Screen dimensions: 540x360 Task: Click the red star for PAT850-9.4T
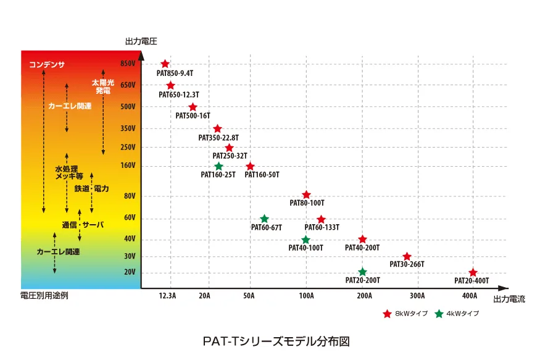(165, 64)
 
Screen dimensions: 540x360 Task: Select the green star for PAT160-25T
(218, 166)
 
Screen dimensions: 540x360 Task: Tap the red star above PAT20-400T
(473, 272)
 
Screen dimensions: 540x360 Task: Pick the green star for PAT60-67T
(264, 219)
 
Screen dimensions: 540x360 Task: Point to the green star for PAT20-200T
(362, 272)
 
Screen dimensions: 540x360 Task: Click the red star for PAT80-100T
(306, 195)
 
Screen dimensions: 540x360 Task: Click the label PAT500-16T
(193, 115)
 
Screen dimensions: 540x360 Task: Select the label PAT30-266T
(407, 264)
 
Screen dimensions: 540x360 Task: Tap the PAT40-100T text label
(306, 248)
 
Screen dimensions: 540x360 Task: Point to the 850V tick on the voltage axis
(128, 64)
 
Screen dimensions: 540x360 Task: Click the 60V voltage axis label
(130, 218)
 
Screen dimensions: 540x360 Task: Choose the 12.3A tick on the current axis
(167, 296)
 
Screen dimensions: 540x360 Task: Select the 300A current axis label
(417, 296)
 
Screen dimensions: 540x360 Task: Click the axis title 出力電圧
(141, 42)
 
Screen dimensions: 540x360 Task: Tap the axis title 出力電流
(509, 299)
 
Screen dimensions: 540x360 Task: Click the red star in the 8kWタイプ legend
(388, 314)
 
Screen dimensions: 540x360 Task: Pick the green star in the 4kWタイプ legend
(439, 314)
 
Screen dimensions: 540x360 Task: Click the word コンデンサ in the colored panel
(47, 65)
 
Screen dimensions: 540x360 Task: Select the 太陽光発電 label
(103, 86)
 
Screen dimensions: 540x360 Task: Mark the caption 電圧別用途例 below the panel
(44, 296)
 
